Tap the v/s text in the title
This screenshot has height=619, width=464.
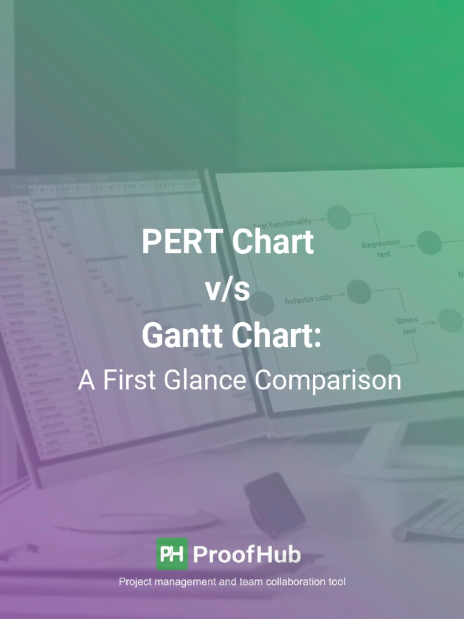click(228, 290)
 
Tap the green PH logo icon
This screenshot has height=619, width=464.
click(172, 554)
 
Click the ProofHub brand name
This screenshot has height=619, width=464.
click(247, 554)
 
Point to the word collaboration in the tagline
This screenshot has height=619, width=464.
click(272, 582)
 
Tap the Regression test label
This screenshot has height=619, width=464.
click(381, 248)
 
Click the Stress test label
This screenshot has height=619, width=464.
click(407, 325)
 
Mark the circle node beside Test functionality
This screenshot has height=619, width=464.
click(339, 217)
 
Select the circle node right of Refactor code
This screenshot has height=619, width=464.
click(359, 292)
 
